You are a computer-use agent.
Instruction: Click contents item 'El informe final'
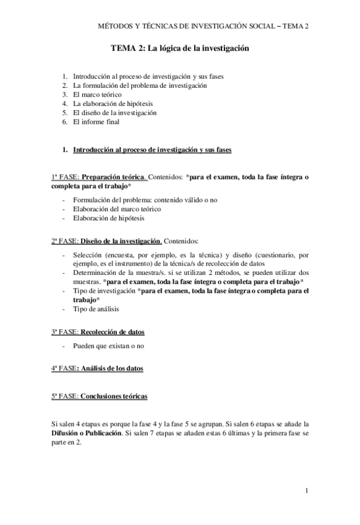96,122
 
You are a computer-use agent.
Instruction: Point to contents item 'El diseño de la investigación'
114,113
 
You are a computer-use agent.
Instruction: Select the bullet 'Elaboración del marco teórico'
117,209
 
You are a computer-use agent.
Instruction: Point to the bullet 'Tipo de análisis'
96,309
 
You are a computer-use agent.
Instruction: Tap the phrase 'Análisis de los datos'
112,369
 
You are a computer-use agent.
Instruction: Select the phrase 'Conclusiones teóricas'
114,396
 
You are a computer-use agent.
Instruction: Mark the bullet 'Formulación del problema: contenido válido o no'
145,200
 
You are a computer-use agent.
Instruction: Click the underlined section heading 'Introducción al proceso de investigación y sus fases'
152,150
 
